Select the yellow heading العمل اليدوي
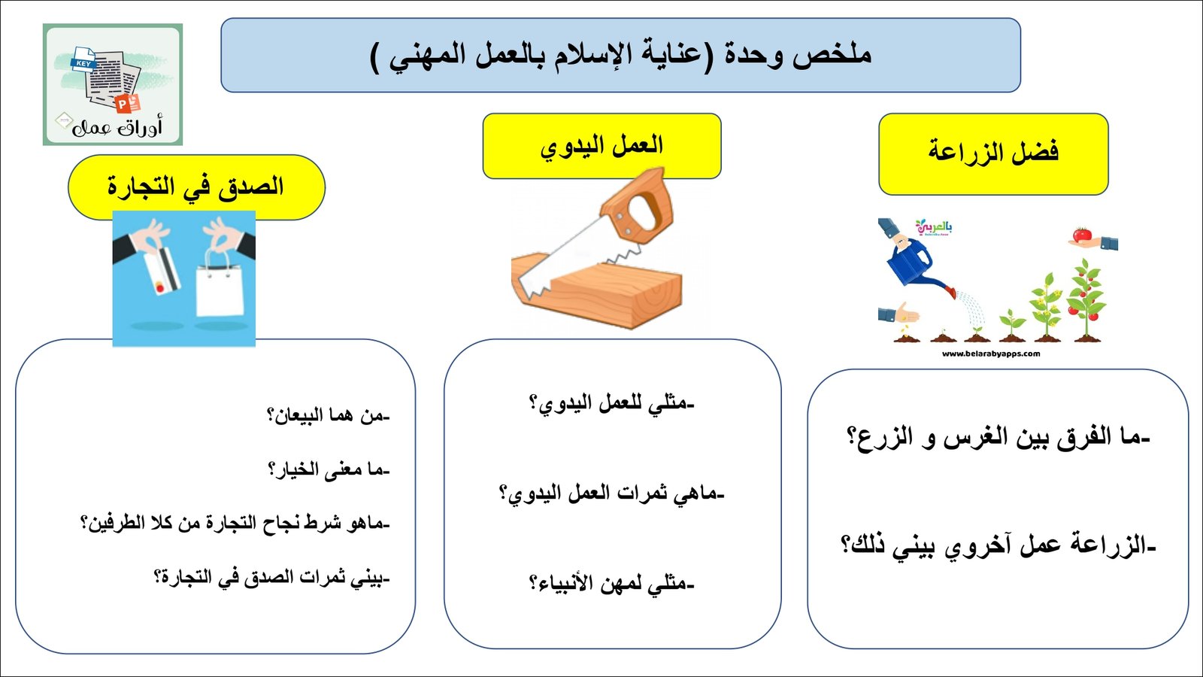point(601,146)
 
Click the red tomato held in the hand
point(1081,235)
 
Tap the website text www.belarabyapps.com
point(990,354)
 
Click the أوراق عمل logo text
point(117,127)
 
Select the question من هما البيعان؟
point(328,415)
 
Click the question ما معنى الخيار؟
point(328,470)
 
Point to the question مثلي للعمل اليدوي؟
point(611,404)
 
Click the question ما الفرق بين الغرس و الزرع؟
point(998,437)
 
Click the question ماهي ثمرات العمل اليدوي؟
point(611,494)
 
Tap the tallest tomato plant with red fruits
point(1086,301)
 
